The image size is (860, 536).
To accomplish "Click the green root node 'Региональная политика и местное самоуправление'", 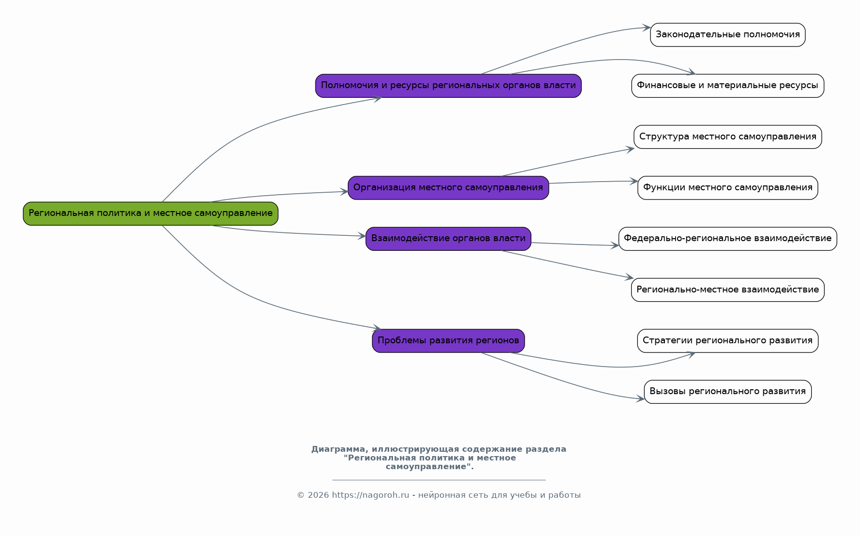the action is [151, 214].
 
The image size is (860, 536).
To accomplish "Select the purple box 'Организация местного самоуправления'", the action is [448, 188].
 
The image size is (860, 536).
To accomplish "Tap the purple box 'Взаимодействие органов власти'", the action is [448, 239].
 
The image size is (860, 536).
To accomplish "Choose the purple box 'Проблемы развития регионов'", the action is [448, 341].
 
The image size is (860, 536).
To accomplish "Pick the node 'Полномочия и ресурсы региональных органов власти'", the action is [448, 86].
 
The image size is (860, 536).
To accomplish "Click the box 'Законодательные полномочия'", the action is [727, 35].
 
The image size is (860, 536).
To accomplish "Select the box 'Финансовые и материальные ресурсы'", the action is [727, 86].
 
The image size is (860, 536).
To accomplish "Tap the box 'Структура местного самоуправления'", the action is [727, 137].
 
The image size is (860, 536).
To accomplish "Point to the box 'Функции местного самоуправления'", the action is [727, 188].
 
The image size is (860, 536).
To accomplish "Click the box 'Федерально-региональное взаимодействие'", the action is [727, 239].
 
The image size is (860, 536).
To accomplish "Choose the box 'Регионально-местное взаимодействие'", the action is [727, 290].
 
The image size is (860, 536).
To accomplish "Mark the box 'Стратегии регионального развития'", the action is [727, 341].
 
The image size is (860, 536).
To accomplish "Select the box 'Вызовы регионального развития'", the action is [727, 392].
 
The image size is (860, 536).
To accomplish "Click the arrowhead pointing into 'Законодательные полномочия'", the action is [646, 28].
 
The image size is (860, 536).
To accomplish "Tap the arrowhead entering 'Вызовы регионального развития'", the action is [640, 399].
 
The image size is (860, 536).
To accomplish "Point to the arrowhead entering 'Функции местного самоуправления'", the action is [634, 181].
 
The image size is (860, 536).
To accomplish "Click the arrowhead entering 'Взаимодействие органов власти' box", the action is [362, 236].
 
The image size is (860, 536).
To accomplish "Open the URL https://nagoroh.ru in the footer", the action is [371, 495].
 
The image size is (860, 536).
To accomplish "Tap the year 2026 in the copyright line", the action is [318, 495].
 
